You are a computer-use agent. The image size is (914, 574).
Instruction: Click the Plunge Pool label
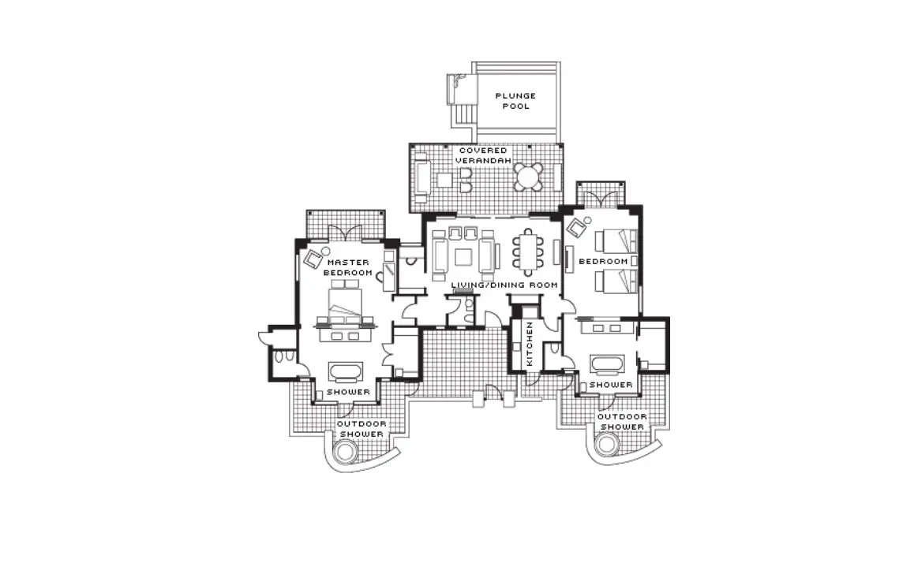tap(516, 101)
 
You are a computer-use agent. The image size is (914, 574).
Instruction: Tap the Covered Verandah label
tap(483, 155)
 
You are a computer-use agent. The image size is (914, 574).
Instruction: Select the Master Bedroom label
tap(348, 267)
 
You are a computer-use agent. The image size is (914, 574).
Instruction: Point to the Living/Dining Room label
tap(504, 285)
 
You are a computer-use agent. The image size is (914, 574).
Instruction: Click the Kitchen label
tap(530, 344)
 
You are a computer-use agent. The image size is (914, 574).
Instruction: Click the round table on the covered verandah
tap(528, 177)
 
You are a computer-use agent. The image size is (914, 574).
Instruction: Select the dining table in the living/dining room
tap(527, 252)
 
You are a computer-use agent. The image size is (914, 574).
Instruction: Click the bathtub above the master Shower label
tap(346, 371)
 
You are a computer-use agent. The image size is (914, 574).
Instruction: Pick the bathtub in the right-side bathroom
tap(608, 363)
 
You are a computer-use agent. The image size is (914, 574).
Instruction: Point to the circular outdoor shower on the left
tap(343, 450)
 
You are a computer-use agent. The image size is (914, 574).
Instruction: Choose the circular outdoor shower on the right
tap(606, 444)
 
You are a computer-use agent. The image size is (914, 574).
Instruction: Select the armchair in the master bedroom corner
tap(314, 258)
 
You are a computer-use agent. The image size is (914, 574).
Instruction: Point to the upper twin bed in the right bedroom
tap(616, 240)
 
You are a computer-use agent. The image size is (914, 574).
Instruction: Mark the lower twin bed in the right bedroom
tap(616, 281)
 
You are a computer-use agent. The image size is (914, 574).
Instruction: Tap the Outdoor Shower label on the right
tap(622, 422)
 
